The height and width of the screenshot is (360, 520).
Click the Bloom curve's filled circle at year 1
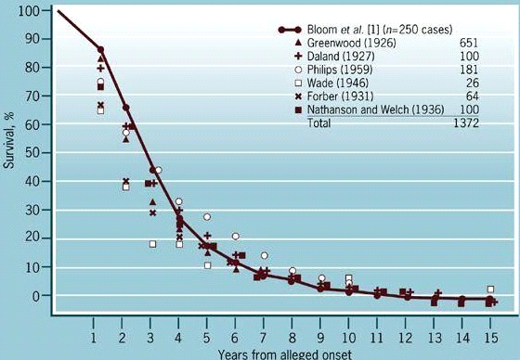[100, 50]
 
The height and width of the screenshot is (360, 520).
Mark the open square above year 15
[490, 289]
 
